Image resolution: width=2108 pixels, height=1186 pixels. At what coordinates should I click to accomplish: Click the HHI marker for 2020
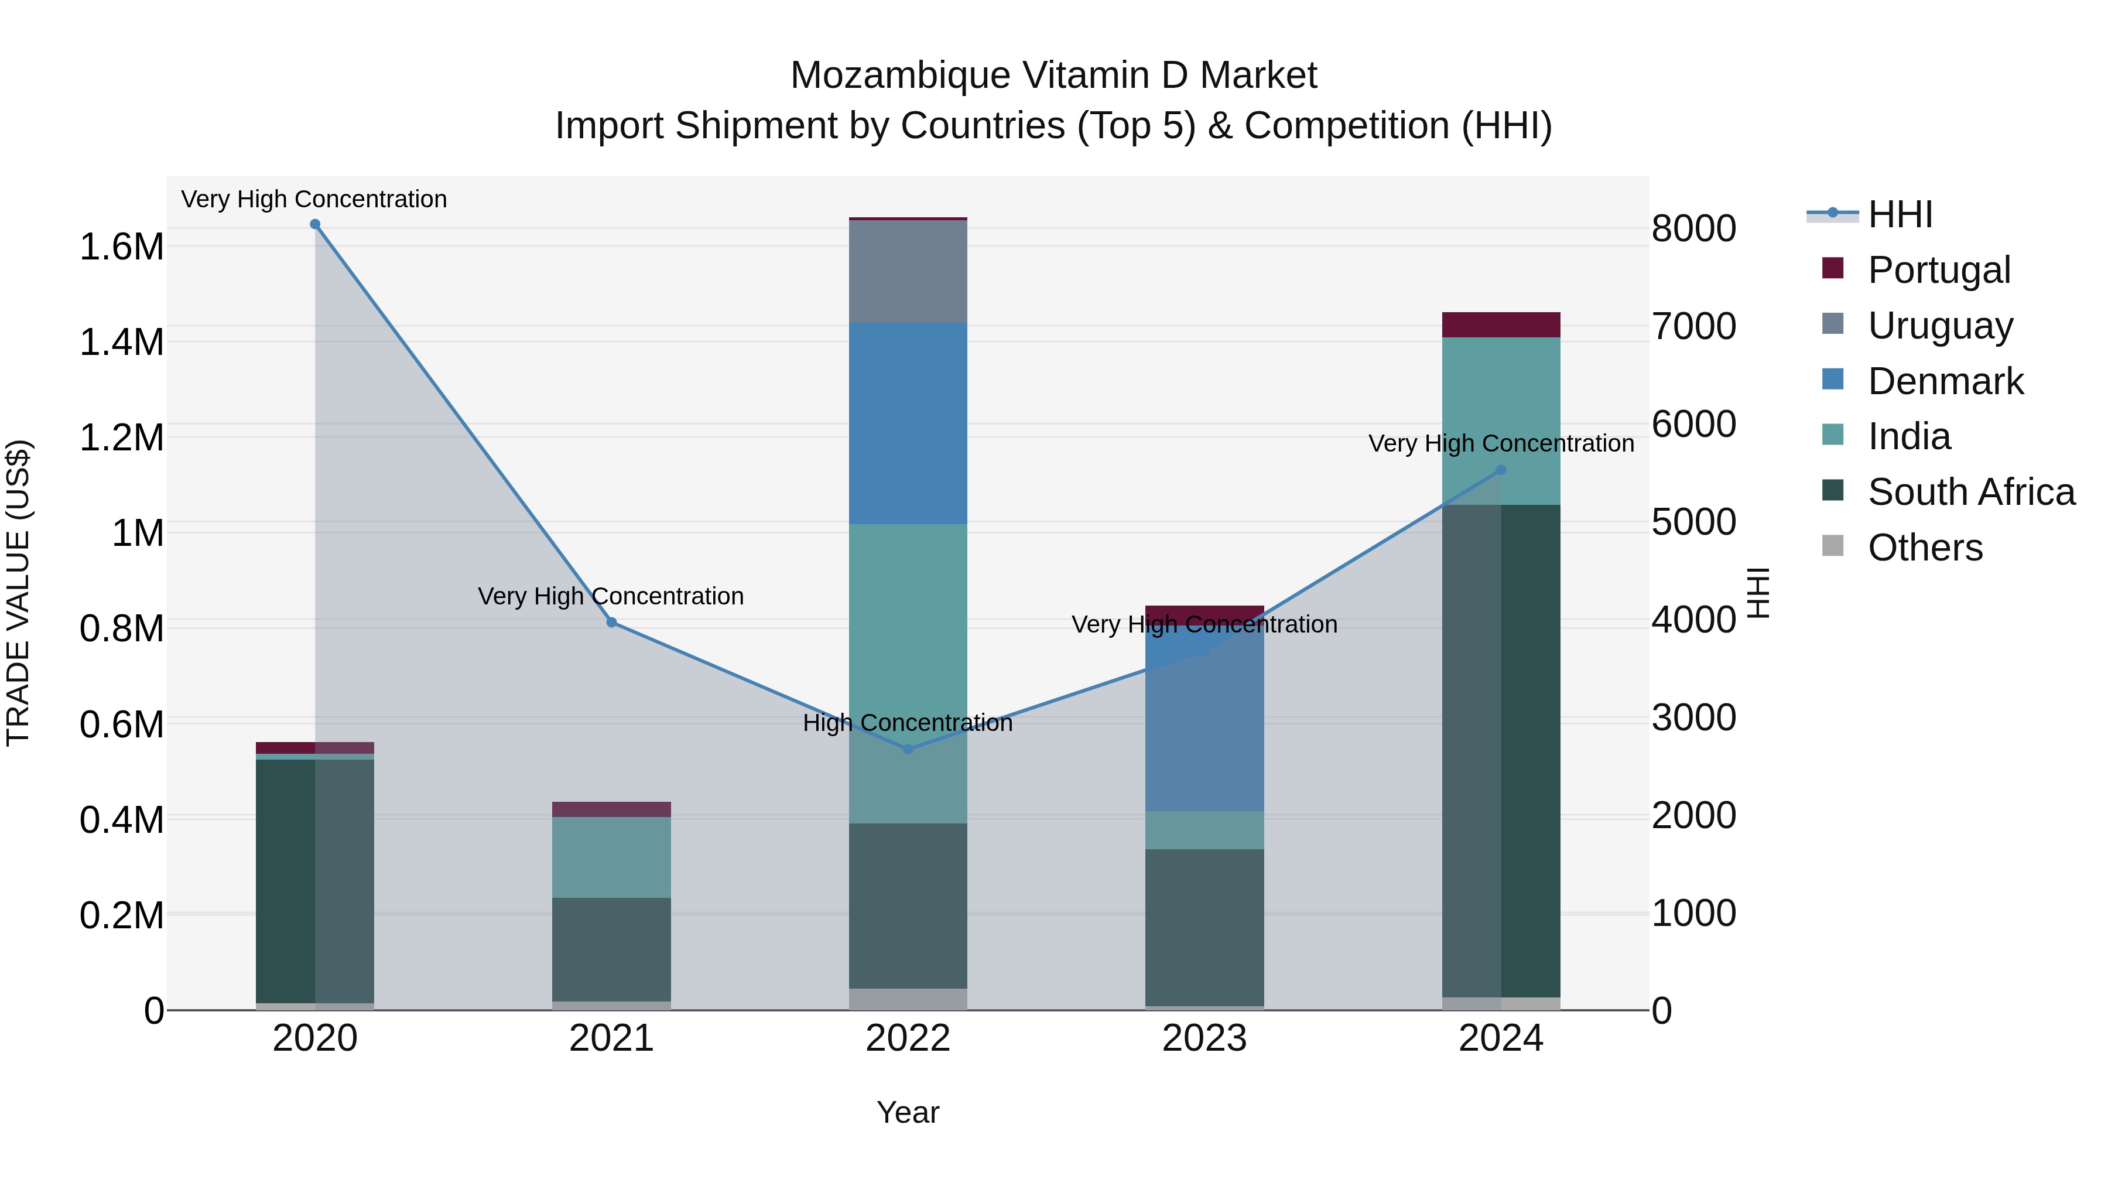coord(315,224)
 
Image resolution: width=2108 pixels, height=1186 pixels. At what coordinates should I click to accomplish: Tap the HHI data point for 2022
coord(908,749)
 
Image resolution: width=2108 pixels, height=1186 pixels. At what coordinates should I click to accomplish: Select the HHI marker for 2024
coord(1501,470)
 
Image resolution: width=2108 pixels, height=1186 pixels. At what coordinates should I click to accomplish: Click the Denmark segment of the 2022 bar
coord(908,423)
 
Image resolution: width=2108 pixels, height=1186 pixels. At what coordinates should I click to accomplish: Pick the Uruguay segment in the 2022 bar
coord(908,271)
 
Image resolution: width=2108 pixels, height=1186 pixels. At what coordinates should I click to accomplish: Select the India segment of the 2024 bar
coord(1501,409)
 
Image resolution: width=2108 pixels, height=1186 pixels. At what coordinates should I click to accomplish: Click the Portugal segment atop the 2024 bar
coord(1501,325)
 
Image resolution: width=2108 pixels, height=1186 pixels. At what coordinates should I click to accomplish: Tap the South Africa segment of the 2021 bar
coord(611,949)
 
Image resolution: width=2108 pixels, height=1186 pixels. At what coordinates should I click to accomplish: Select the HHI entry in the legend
coord(1900,214)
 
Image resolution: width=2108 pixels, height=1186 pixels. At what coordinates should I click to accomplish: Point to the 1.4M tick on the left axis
coord(121,342)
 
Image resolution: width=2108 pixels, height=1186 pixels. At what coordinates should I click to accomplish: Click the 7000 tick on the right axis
coord(1693,326)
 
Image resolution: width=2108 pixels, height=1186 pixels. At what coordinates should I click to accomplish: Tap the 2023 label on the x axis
coord(1204,1038)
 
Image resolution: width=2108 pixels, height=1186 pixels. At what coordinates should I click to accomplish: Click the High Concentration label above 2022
coord(908,723)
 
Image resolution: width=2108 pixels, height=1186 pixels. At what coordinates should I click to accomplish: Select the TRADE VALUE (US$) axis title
coord(18,593)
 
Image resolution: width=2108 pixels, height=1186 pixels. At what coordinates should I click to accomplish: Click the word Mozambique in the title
coord(900,76)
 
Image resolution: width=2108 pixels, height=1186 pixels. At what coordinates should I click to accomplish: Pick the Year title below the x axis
coord(908,1112)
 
